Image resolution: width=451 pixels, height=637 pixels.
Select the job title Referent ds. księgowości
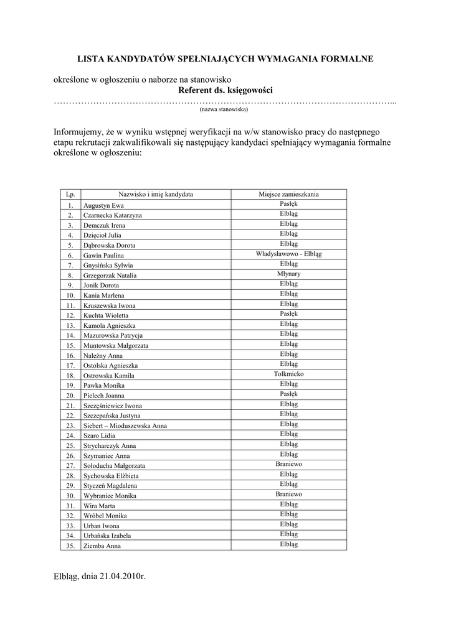pos(225,91)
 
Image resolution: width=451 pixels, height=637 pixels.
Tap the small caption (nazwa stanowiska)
pos(224,109)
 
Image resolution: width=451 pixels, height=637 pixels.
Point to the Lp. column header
pos(70,195)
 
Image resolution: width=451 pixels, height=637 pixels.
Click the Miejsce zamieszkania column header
pos(288,195)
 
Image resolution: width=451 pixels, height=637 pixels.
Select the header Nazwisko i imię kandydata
pos(156,195)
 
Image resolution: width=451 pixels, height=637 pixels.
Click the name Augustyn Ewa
pos(104,205)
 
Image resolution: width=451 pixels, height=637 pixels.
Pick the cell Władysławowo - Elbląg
pos(288,254)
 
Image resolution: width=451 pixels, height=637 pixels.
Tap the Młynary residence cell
pos(288,274)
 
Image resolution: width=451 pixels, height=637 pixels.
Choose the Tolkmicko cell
pos(288,374)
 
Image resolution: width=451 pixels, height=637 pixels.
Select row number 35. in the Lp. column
pos(70,546)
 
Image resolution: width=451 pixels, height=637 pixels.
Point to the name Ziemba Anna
pos(102,546)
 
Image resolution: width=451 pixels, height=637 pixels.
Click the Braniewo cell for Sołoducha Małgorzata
pos(288,465)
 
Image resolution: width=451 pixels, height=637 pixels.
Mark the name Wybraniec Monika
pos(110,496)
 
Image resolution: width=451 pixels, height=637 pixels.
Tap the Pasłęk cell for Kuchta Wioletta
pos(288,314)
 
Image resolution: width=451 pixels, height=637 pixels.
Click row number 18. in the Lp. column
pos(70,376)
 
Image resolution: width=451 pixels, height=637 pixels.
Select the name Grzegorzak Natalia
pos(110,276)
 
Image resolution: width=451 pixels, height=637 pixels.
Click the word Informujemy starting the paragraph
pos(79,132)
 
